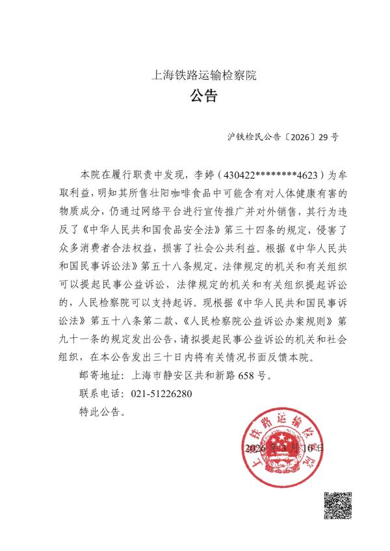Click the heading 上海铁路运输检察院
(204, 75)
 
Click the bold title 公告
(203, 97)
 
